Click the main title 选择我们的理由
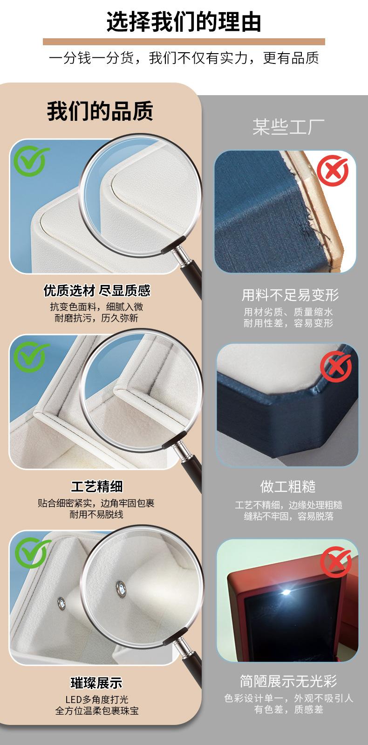(184, 22)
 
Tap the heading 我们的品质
(100, 111)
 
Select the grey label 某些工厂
(288, 126)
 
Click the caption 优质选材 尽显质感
(97, 291)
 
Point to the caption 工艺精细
(96, 487)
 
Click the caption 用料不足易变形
(290, 295)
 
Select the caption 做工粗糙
(288, 487)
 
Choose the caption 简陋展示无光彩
(288, 681)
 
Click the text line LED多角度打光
(96, 699)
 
